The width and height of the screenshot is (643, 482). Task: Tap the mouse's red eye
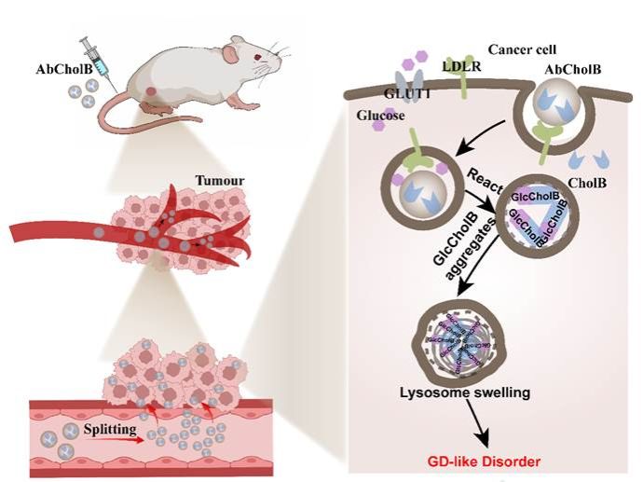(258, 59)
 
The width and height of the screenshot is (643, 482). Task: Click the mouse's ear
(239, 44)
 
